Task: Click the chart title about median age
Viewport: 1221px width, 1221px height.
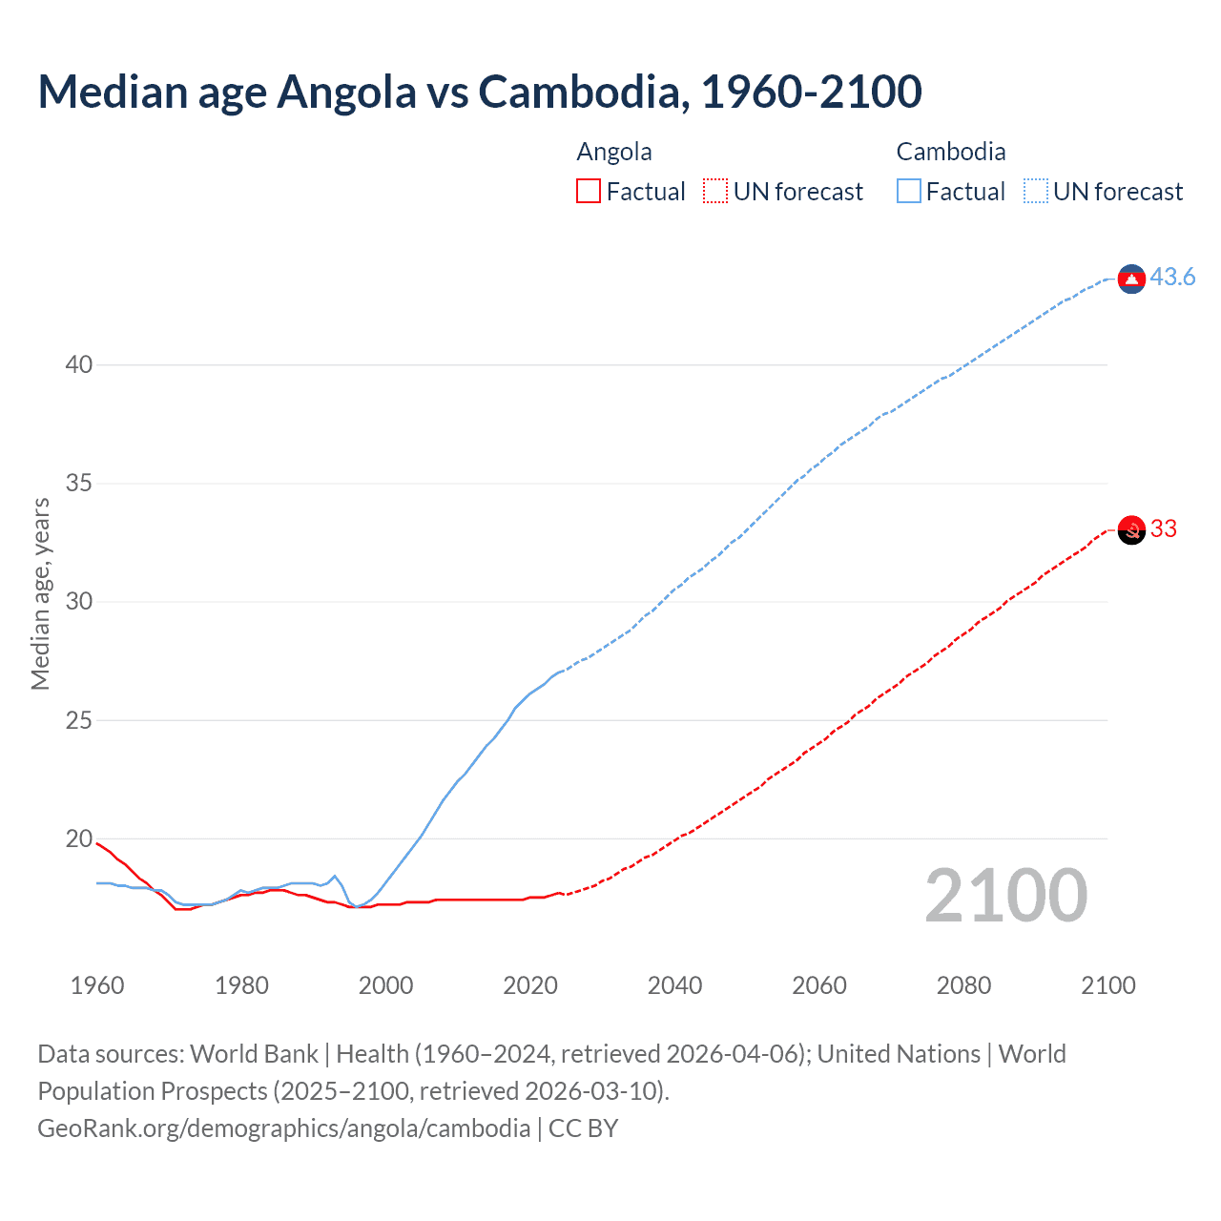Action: pyautogui.click(x=480, y=92)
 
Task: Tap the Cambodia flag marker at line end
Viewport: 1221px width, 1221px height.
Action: pyautogui.click(x=1131, y=279)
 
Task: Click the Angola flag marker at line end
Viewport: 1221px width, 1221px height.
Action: pyautogui.click(x=1131, y=529)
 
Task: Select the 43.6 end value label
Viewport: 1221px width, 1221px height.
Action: pyautogui.click(x=1172, y=278)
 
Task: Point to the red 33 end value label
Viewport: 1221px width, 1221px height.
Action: pyautogui.click(x=1164, y=529)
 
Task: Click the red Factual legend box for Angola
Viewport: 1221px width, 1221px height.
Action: pyautogui.click(x=589, y=192)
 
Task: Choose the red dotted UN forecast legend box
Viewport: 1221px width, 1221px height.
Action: pyautogui.click(x=715, y=192)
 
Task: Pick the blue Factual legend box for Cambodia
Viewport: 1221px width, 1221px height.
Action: pyautogui.click(x=909, y=192)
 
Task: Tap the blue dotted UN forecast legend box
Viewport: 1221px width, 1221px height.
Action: pyautogui.click(x=1036, y=192)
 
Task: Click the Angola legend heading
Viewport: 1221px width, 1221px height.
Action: pyautogui.click(x=614, y=153)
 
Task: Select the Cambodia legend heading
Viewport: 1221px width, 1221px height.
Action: pyautogui.click(x=951, y=153)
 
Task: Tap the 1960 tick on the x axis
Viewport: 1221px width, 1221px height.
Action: pyautogui.click(x=97, y=985)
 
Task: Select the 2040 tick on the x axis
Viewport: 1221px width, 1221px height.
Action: pyautogui.click(x=674, y=985)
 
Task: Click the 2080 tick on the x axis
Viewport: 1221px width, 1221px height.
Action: pyautogui.click(x=963, y=985)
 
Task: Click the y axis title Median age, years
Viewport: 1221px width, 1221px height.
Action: pyautogui.click(x=40, y=593)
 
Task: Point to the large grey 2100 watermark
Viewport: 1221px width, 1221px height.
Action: pyautogui.click(x=1006, y=896)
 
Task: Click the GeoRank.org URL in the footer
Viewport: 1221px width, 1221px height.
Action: pyautogui.click(x=283, y=1128)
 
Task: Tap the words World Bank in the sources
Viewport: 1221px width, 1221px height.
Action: pyautogui.click(x=254, y=1054)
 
